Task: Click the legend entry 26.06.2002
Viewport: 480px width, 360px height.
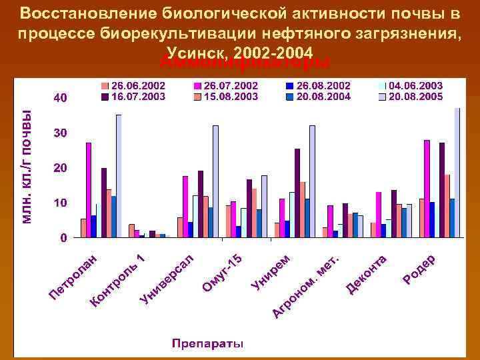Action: coord(137,86)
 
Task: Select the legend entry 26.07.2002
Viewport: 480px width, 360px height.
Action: coord(230,86)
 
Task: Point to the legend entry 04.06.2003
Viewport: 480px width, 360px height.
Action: coord(415,86)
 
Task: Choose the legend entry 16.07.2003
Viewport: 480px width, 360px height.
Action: coord(137,96)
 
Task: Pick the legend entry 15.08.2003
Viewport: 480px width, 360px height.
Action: coord(230,96)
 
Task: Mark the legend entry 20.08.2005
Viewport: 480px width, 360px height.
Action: coord(415,96)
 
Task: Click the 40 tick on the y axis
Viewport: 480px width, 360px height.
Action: coord(60,99)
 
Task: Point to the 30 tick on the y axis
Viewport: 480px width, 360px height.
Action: coord(60,133)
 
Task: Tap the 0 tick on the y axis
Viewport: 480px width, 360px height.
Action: coord(63,237)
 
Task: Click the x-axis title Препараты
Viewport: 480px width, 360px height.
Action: coord(207,344)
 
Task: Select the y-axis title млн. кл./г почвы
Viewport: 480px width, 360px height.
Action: coord(27,166)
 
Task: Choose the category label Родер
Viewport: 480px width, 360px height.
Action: coord(419,268)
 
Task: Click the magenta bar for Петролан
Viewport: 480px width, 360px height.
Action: coord(89,190)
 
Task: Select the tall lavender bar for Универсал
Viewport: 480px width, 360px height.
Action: coord(215,181)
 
